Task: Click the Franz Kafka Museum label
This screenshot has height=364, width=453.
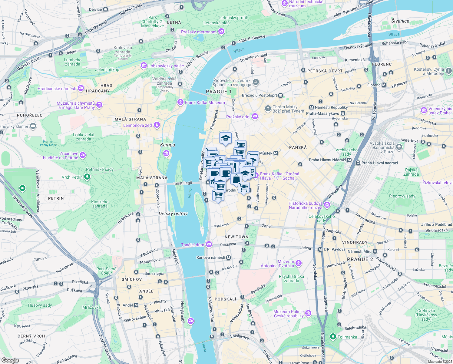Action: pos(205,103)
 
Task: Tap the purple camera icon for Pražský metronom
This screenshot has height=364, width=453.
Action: pos(221,32)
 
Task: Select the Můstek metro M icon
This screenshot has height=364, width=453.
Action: pos(276,153)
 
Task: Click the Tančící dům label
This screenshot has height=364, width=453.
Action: pos(192,245)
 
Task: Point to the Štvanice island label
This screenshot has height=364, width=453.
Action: pos(400,21)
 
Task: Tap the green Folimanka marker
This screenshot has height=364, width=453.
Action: pos(333,337)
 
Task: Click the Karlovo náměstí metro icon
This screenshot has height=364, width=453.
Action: pos(228,258)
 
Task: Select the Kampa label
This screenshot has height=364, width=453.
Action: pos(167,145)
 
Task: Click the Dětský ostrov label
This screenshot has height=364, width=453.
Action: pos(173,214)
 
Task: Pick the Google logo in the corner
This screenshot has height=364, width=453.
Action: pos(10,360)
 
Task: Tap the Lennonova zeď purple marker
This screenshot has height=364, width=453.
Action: pos(157,125)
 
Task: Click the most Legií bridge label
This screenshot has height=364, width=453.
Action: pos(183,183)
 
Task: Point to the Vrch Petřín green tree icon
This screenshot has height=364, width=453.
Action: pos(87,177)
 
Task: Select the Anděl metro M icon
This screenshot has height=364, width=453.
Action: pos(136,305)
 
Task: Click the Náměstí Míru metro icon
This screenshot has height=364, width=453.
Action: pos(375,251)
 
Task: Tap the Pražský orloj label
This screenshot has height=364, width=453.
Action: pos(238,117)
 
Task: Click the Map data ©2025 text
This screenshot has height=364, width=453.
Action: pos(440,361)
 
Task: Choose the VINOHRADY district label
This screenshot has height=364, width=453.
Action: pos(355,242)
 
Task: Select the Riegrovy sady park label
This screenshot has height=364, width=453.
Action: pos(402,196)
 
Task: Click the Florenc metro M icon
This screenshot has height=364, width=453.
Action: pos(384,85)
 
